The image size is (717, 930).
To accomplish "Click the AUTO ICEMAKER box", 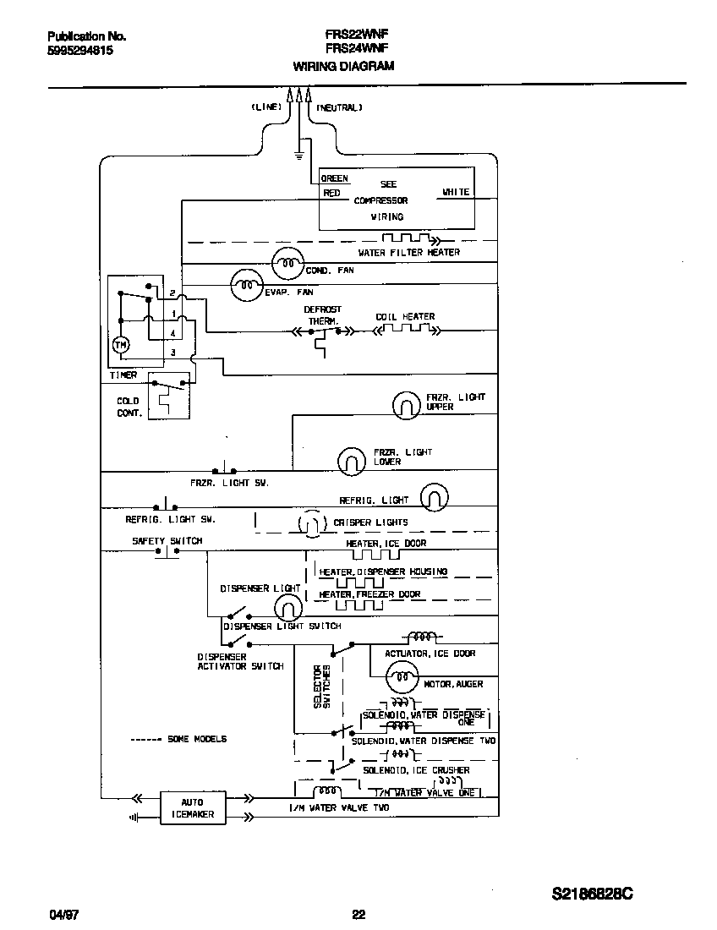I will pos(193,809).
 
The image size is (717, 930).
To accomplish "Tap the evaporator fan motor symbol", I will pos(246,286).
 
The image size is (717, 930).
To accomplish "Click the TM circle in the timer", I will pos(120,345).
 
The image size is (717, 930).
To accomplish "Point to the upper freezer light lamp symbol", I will pos(407,406).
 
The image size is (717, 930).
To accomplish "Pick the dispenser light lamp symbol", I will pos(287,605).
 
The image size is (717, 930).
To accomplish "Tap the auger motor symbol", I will pos(402,676).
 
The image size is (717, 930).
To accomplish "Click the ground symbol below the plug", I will pos(298,154).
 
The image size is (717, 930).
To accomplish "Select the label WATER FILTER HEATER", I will pos(409,253).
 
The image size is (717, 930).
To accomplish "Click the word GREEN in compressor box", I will pos(335,179).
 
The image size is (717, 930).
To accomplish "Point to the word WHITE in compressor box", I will pos(455,193).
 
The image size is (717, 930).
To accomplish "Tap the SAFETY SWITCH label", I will pos(167,541).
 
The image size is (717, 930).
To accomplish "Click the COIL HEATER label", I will pos(405,317).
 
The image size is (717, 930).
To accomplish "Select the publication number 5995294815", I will pos(80,51).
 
